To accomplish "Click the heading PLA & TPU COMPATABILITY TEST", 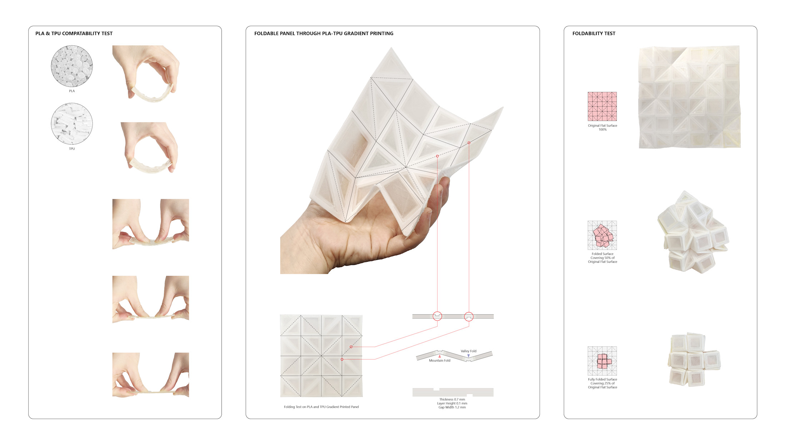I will (x=74, y=34).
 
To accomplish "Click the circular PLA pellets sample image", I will (x=72, y=66).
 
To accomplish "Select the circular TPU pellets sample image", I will (x=72, y=124).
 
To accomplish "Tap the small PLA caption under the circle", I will (x=72, y=91).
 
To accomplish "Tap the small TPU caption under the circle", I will (x=72, y=149).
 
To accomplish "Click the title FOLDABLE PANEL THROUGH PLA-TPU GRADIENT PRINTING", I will (x=324, y=34).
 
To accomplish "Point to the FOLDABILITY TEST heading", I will (x=594, y=34).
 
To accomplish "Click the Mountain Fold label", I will (x=439, y=361).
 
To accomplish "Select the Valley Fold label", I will (x=468, y=351).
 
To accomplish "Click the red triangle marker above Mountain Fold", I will (x=439, y=356).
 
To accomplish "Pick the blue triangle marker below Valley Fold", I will (x=468, y=356).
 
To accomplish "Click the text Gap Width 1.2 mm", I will (x=452, y=407).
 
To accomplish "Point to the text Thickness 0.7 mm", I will (x=452, y=400).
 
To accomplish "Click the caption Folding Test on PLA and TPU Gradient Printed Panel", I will (x=321, y=407).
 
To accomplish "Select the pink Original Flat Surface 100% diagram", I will (x=602, y=106).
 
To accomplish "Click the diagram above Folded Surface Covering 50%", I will (x=602, y=235).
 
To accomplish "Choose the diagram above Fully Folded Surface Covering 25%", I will (x=602, y=361).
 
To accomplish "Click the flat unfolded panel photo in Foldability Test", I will (x=690, y=97).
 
